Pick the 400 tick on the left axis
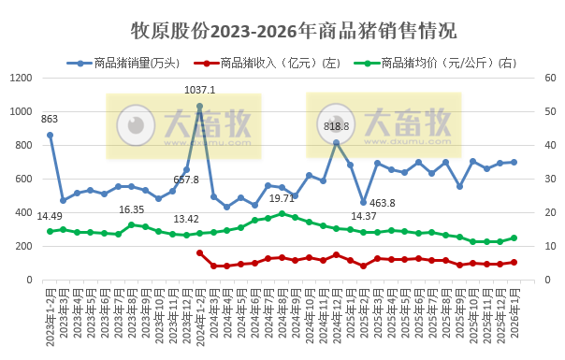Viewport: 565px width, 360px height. (x=23, y=213)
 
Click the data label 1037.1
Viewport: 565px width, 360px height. (x=200, y=90)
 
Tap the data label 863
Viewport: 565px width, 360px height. (x=50, y=119)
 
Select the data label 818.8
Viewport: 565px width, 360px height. (x=336, y=126)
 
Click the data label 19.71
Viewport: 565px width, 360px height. (x=282, y=198)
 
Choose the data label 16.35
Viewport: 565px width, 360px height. (x=131, y=209)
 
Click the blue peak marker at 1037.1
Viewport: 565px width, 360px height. (x=200, y=106)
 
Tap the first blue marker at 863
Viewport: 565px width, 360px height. (x=50, y=135)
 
